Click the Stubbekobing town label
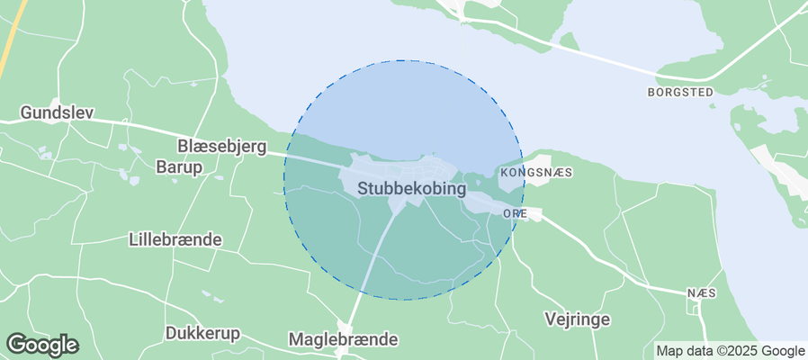point(412,189)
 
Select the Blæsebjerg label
point(220,146)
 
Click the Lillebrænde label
point(175,240)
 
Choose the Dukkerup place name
point(202,333)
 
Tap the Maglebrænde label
point(343,339)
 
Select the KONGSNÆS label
point(536,171)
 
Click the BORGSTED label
point(680,92)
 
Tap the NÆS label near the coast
point(701,293)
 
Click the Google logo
point(41,344)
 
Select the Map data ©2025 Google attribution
point(730,351)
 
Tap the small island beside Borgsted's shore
point(568,40)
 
